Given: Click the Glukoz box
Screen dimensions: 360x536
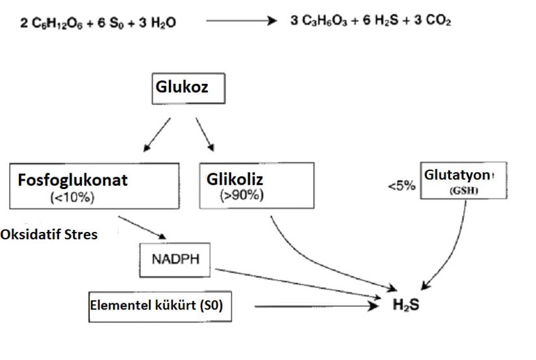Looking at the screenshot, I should (x=188, y=88).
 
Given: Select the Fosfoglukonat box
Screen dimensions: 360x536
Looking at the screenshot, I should (x=95, y=185).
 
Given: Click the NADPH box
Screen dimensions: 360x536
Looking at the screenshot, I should (x=176, y=259).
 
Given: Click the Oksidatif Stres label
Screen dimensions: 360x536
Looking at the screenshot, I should (x=49, y=234).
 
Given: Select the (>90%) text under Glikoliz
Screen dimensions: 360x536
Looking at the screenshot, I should (x=242, y=196).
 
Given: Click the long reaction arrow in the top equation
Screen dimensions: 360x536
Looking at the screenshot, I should (x=241, y=21).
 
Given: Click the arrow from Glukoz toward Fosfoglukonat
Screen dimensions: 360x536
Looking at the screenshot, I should (x=156, y=133).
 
